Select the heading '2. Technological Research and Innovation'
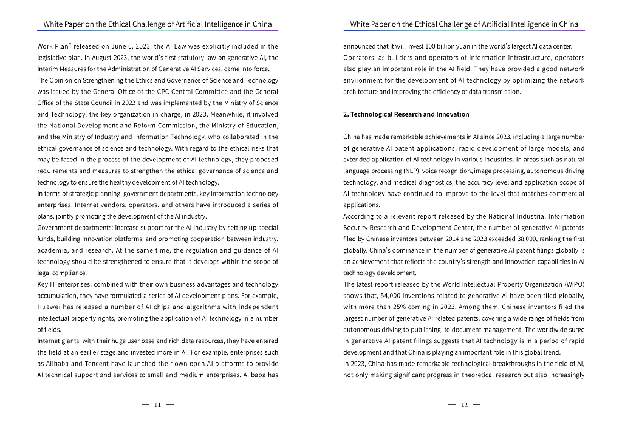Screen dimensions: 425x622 (x=406, y=114)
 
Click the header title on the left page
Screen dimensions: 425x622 (x=157, y=24)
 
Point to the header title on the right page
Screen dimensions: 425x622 (x=464, y=24)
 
